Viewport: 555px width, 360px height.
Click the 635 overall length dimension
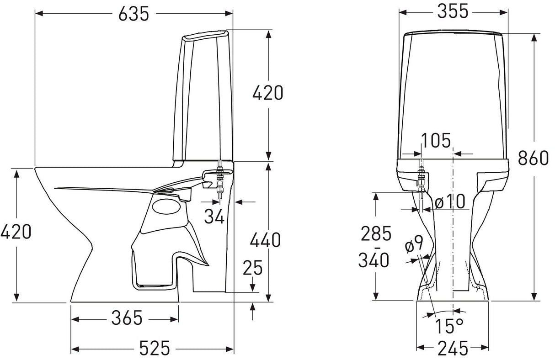tap(134, 13)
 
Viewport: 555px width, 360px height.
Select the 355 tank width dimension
tap(453, 11)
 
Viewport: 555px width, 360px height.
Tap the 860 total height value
tap(533, 158)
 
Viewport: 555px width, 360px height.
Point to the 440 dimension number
tap(265, 240)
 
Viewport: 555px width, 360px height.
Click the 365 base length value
tap(127, 318)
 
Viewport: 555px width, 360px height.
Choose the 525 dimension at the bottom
tap(155, 348)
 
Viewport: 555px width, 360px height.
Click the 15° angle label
tap(449, 326)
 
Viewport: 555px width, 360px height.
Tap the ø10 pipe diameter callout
tap(450, 201)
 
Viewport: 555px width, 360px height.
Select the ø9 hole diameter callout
tap(414, 244)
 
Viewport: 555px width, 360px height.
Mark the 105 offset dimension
tap(436, 140)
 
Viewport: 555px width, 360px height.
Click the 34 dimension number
tap(214, 216)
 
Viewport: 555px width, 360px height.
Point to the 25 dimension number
tap(252, 268)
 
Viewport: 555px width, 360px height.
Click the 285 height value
tap(376, 233)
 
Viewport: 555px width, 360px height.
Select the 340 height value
tap(374, 260)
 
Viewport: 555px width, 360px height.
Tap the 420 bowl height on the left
tap(16, 232)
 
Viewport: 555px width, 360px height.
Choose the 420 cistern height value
tap(268, 93)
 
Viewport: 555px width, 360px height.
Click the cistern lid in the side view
tap(205, 35)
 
